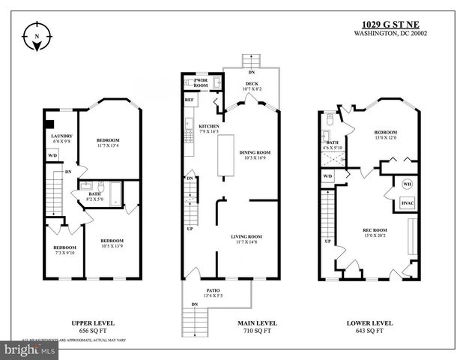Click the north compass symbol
[39, 38]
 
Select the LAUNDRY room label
[61, 136]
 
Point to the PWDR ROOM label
[201, 82]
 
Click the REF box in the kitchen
[189, 99]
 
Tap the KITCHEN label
[209, 126]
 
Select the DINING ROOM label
[254, 152]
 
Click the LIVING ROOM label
[249, 236]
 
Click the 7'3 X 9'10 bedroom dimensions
[64, 253]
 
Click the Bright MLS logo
[30, 349]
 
